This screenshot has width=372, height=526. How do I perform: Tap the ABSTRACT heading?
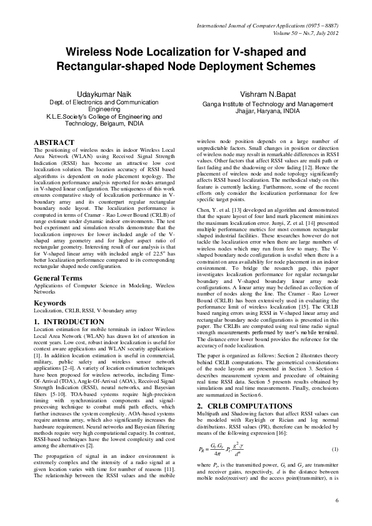[x=56, y=143]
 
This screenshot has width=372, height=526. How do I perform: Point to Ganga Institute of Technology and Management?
[x=263, y=104]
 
